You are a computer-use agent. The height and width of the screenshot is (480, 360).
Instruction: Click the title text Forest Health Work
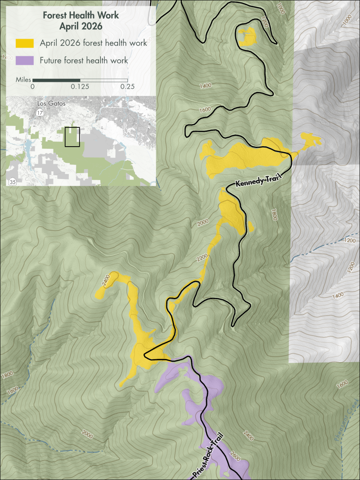(81, 15)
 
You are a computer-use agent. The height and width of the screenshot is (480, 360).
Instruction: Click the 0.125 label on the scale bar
(80, 87)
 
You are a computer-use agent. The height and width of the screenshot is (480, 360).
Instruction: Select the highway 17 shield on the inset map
(41, 112)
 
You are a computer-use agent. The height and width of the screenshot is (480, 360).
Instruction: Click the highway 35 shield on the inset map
(12, 181)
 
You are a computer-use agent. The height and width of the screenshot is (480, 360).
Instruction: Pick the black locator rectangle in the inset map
(72, 137)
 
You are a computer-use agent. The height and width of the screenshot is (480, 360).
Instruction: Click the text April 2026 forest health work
(93, 43)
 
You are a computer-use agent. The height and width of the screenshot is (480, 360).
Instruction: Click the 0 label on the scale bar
(32, 87)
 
